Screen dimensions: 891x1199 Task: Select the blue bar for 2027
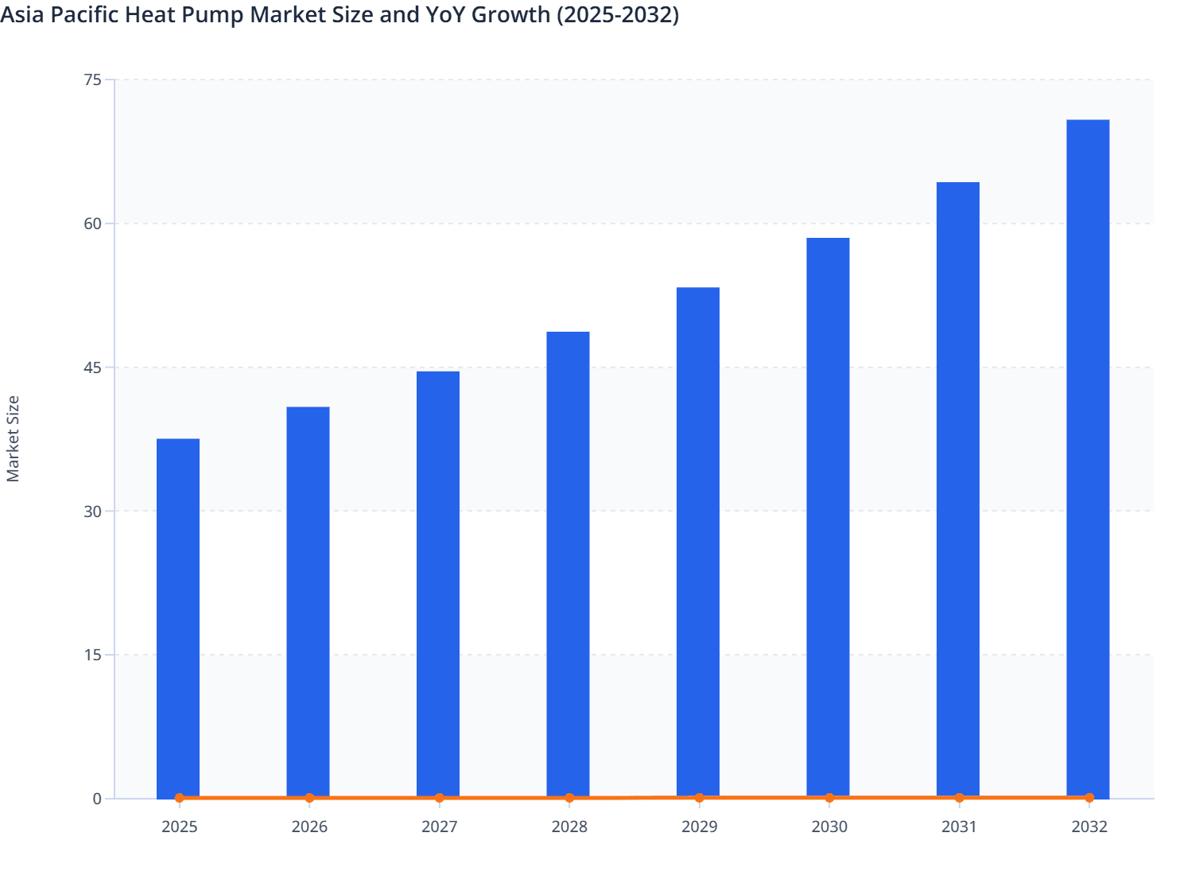coord(438,584)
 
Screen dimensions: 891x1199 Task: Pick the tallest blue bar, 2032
coord(1088,458)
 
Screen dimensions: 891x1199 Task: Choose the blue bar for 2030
coord(828,517)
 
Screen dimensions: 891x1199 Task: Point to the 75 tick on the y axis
coord(92,80)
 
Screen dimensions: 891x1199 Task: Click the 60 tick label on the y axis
coord(92,224)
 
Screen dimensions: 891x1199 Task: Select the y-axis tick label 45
coord(92,368)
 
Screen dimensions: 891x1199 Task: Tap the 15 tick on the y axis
coord(92,655)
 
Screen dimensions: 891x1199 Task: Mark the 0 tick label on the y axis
coord(97,799)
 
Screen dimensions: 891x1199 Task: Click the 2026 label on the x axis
coord(309,827)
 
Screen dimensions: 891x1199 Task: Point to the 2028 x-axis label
coord(569,827)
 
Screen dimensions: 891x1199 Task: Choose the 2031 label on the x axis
coord(959,827)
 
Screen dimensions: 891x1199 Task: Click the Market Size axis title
coord(13,438)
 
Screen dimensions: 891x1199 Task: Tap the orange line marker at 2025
coord(179,798)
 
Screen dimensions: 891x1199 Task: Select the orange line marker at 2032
coord(1089,797)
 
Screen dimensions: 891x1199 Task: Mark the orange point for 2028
coord(569,798)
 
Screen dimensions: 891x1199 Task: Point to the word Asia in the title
coord(22,14)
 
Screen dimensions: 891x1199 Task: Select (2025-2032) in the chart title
coord(617,14)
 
